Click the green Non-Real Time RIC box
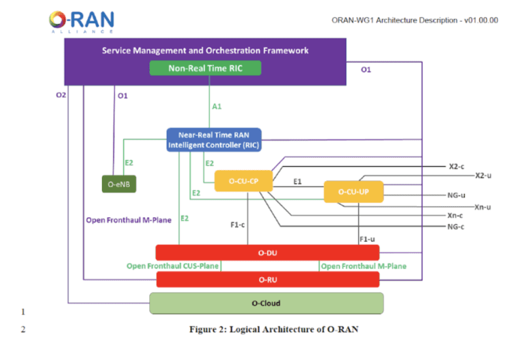[x=206, y=68]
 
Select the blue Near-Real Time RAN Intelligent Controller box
[x=214, y=139]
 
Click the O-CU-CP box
[x=243, y=181]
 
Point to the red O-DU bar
[x=267, y=252]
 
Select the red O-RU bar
[x=267, y=279]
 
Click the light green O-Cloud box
[x=267, y=303]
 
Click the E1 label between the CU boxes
[x=297, y=182]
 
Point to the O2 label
[x=62, y=96]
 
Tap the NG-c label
[x=456, y=225]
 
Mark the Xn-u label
[x=483, y=206]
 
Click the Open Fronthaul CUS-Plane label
[x=172, y=266]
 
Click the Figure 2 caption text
[x=273, y=329]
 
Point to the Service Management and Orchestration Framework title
[x=205, y=51]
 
